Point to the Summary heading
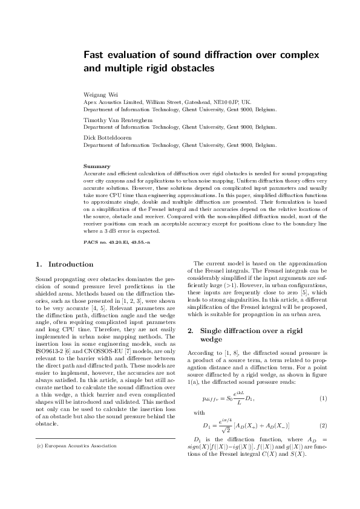click(97, 166)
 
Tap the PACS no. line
click(116, 241)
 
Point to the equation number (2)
click(322, 426)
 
